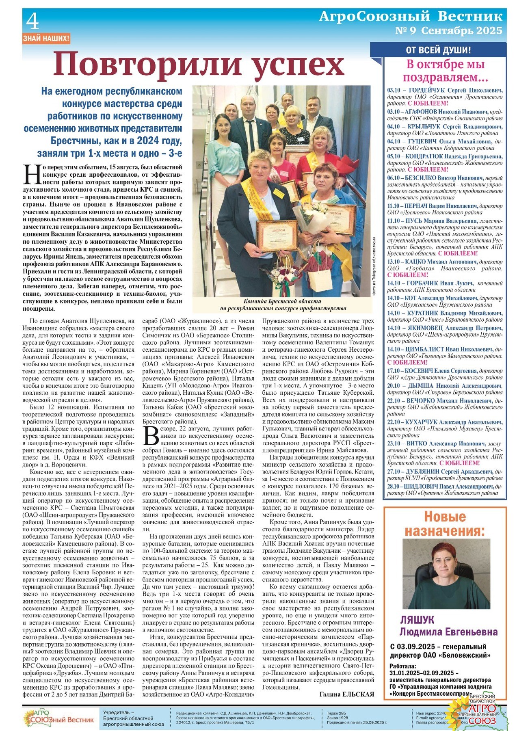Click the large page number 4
pyautogui.click(x=32, y=21)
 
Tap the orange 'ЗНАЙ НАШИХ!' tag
pyautogui.click(x=46, y=39)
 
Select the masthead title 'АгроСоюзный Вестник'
pyautogui.click(x=410, y=16)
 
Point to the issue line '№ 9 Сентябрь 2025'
pyautogui.click(x=448, y=31)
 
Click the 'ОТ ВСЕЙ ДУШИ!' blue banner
pyautogui.click(x=438, y=50)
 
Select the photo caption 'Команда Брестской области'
pyautogui.click(x=282, y=301)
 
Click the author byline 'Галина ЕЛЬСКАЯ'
pyautogui.click(x=346, y=694)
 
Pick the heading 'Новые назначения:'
pyautogui.click(x=444, y=524)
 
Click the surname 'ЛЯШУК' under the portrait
pyautogui.click(x=417, y=620)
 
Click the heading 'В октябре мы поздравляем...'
pyautogui.click(x=445, y=71)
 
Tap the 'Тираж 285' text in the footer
pyautogui.click(x=336, y=713)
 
